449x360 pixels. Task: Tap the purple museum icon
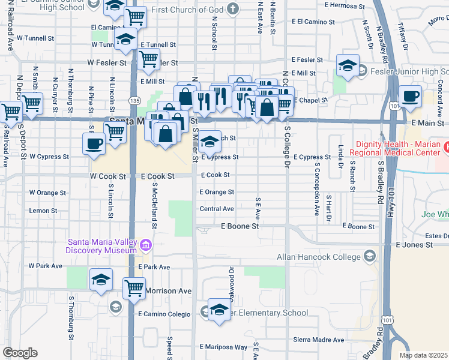(x=145, y=245)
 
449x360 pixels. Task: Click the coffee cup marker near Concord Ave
(x=411, y=97)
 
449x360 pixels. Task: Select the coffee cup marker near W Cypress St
(x=94, y=144)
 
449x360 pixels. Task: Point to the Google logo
(x=19, y=353)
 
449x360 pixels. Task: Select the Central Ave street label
(x=217, y=209)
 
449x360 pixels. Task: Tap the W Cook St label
(x=108, y=177)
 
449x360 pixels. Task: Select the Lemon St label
(x=43, y=211)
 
